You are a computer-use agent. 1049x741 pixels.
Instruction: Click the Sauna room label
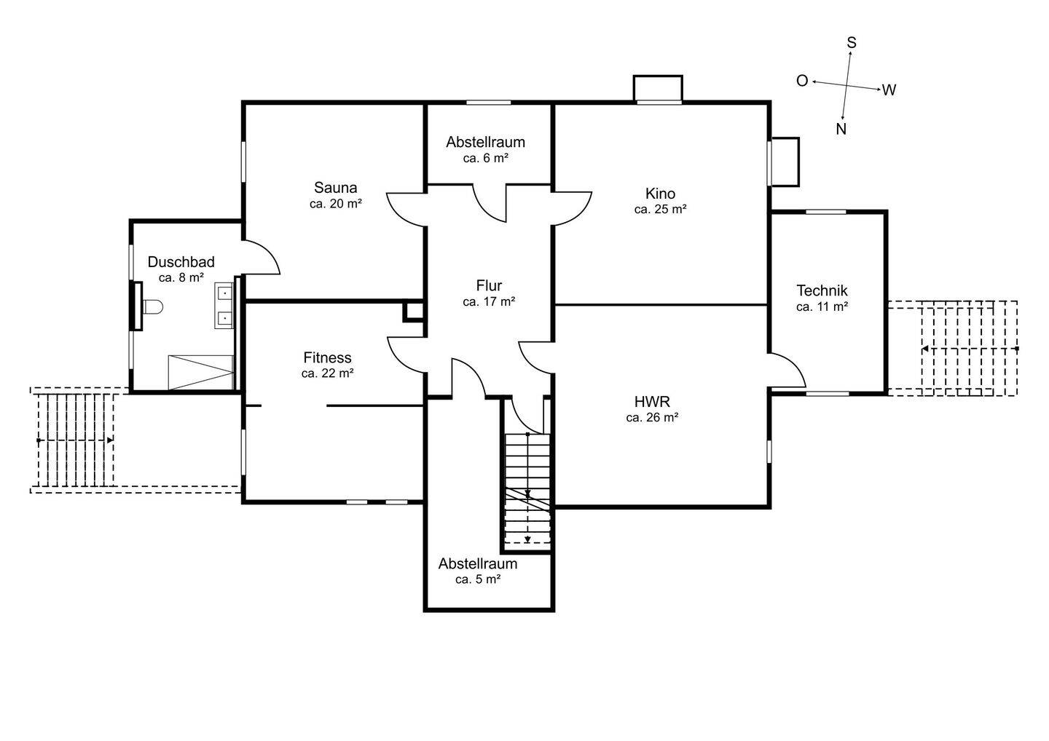point(335,188)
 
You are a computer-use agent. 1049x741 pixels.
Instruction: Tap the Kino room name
point(660,193)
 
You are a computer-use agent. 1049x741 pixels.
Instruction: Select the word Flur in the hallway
point(489,285)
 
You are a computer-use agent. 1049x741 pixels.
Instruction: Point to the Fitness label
point(327,357)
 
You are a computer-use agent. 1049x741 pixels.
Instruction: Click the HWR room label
point(653,401)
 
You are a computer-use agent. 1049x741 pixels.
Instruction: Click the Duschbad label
point(181,261)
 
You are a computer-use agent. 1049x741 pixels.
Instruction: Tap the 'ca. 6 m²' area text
point(486,158)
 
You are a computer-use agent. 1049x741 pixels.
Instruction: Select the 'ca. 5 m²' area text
point(478,579)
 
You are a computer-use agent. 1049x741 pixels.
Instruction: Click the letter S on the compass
point(852,42)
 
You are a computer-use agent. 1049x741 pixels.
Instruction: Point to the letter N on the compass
point(841,129)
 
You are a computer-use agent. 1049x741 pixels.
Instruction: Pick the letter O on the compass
point(802,81)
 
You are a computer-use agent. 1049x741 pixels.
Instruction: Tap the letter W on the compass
point(889,90)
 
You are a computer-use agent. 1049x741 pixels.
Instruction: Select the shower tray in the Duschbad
point(201,373)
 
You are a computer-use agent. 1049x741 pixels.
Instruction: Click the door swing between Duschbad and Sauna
point(262,257)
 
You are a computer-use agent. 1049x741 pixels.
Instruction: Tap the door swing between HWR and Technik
point(787,370)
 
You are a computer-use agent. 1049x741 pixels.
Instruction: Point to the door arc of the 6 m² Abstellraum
point(490,203)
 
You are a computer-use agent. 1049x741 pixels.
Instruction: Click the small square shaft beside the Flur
point(414,312)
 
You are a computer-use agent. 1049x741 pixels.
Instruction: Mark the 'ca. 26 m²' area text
point(653,417)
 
